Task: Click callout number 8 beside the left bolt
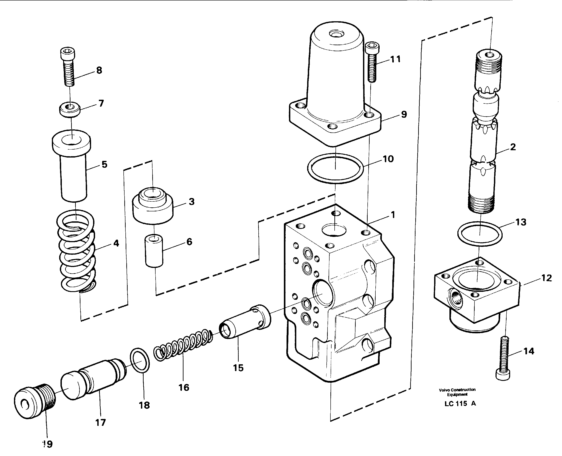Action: [x=99, y=70]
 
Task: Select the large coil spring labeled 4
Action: [x=76, y=252]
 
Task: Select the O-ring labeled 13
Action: [x=480, y=234]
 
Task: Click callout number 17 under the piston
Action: [x=100, y=422]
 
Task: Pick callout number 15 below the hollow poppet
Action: [x=238, y=368]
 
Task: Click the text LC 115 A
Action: [x=460, y=403]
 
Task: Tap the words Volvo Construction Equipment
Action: [x=457, y=392]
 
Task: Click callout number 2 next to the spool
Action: [x=513, y=147]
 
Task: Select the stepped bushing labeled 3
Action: [x=153, y=207]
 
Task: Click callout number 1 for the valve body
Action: [x=393, y=215]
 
